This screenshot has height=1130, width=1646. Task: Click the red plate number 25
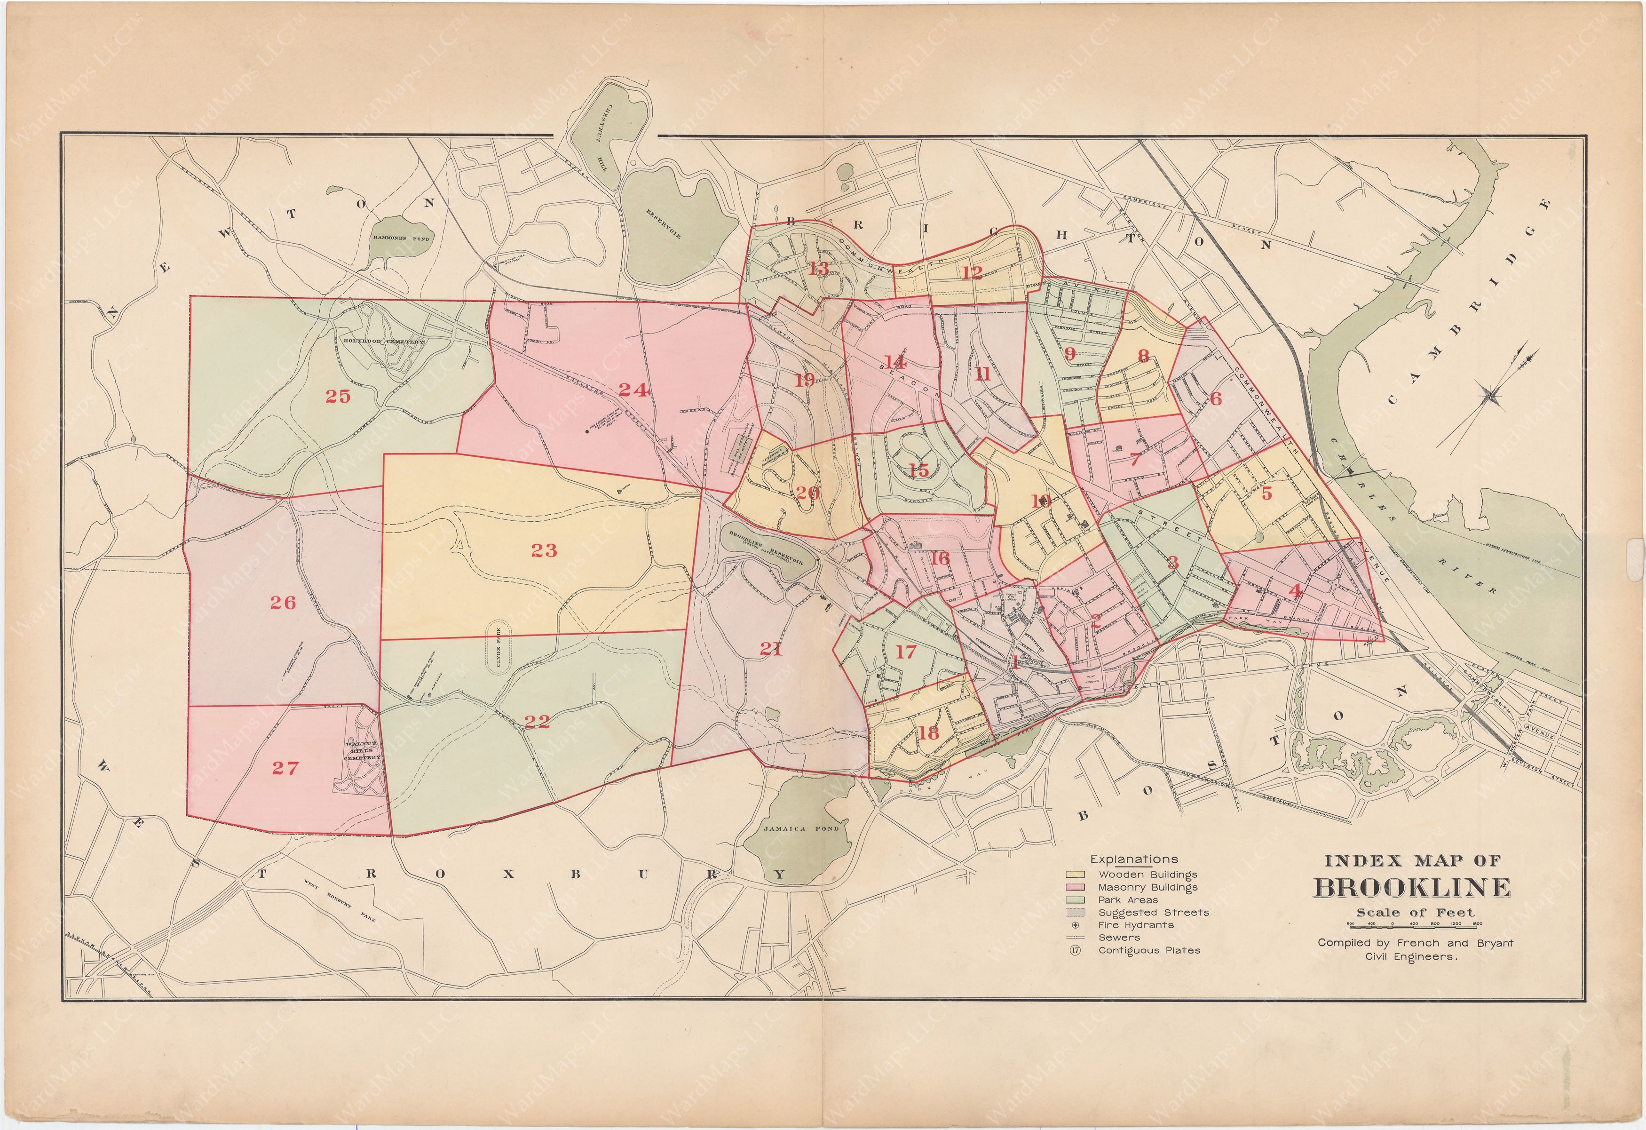338,396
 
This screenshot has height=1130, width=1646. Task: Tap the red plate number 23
544,550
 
